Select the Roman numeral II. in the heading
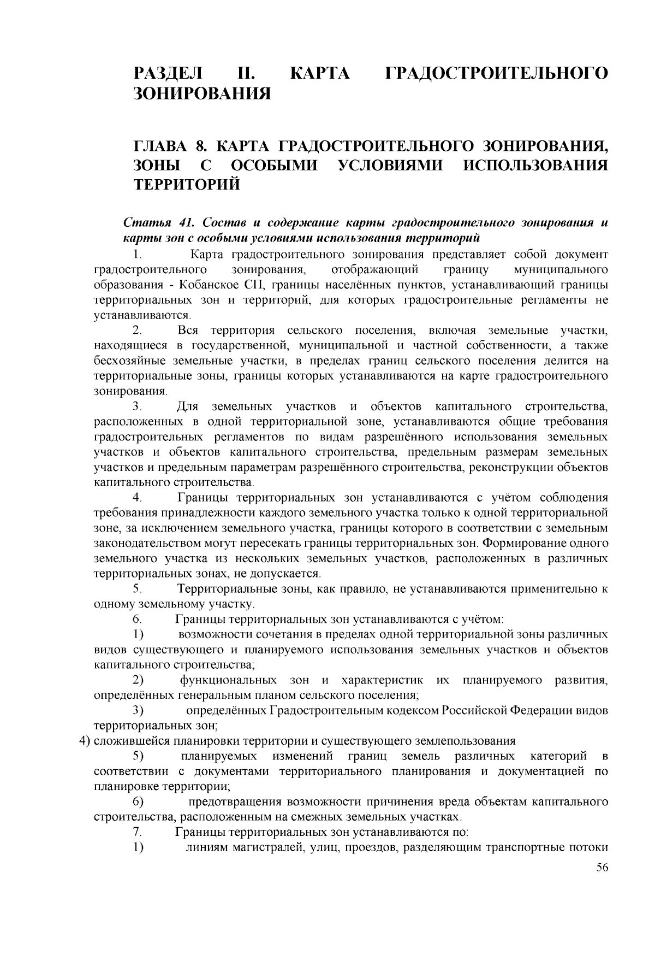248,73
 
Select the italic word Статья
144,223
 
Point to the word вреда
438,802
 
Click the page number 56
602,869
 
